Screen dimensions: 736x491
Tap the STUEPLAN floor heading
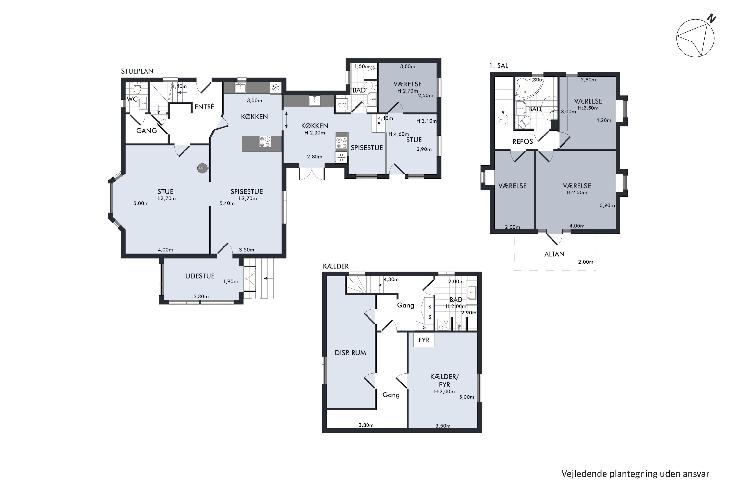pos(137,71)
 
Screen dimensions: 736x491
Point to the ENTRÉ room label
pos(204,107)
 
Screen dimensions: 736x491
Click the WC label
pos(132,99)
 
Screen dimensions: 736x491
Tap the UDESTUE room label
pos(200,276)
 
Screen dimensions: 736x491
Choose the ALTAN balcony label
pos(554,254)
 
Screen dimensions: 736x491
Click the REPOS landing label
pos(523,142)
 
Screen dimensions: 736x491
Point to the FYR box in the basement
pos(424,340)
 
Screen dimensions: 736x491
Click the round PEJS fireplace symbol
pos(201,168)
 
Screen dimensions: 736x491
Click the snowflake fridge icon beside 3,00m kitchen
pos(276,88)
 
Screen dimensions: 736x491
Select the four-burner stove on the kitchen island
pos(265,142)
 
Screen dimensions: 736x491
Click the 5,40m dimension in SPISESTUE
pos(227,203)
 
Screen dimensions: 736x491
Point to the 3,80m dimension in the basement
pos(366,425)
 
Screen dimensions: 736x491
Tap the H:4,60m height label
pos(399,134)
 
